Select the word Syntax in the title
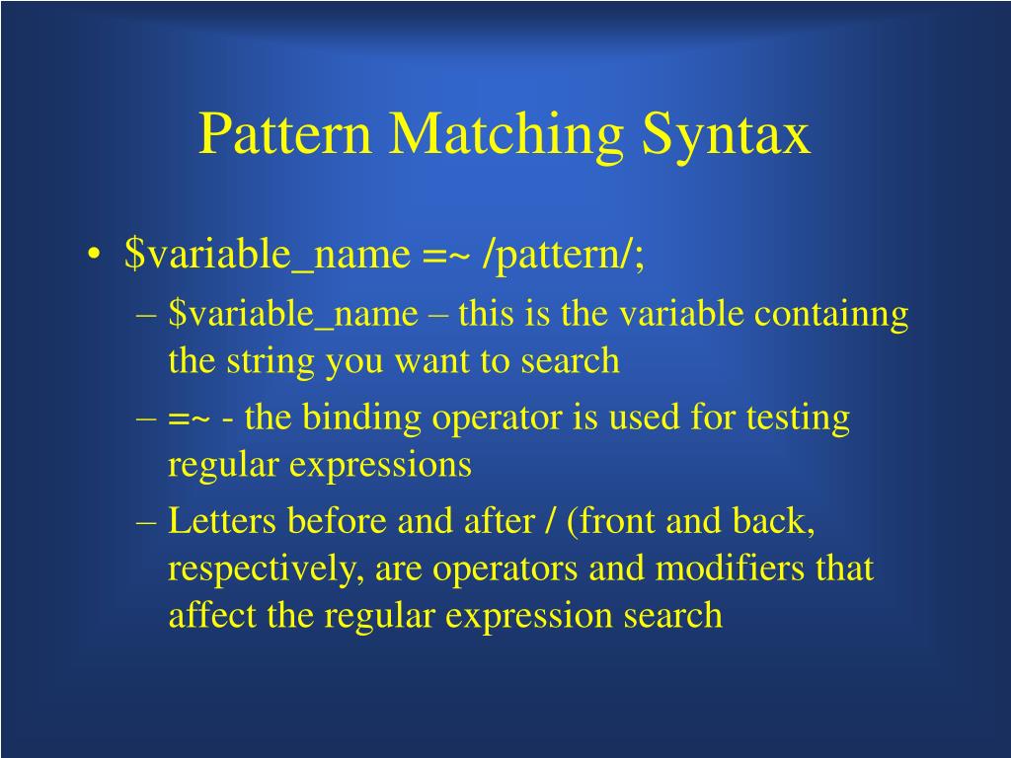pyautogui.click(x=726, y=135)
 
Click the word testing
pyautogui.click(x=799, y=418)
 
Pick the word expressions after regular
pyautogui.click(x=380, y=465)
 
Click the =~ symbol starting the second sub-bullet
pyautogui.click(x=189, y=418)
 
